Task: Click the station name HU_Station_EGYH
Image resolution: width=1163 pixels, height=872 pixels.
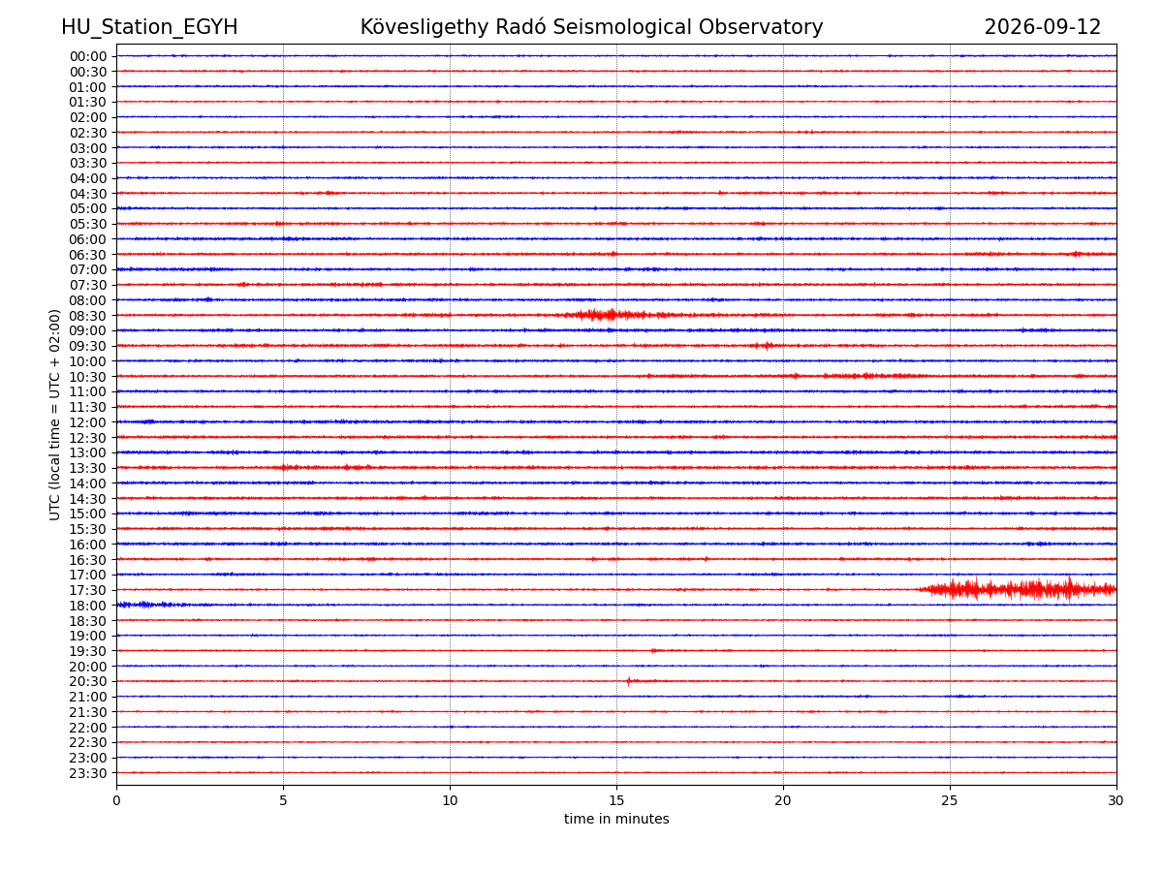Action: click(x=149, y=27)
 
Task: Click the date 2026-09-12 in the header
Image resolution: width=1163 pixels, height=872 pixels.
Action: click(x=1042, y=27)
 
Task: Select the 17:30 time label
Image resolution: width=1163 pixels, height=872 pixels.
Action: click(x=88, y=590)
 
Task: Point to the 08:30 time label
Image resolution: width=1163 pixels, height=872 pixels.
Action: click(x=88, y=316)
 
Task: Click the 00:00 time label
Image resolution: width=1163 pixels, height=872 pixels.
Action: click(x=88, y=56)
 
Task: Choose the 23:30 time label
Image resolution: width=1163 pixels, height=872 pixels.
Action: click(x=88, y=773)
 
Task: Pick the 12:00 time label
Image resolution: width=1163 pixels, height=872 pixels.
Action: click(x=88, y=422)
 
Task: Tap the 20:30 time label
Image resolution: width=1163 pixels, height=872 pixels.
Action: click(x=88, y=681)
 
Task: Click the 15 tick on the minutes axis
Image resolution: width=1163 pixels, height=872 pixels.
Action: click(x=616, y=800)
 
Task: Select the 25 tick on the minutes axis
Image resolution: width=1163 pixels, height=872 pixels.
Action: click(x=950, y=800)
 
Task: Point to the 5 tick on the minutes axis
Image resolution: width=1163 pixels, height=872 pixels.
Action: click(x=283, y=800)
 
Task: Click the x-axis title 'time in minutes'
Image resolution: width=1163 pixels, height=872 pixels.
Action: click(x=616, y=819)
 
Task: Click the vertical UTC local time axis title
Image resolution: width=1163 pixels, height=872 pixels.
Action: click(x=54, y=415)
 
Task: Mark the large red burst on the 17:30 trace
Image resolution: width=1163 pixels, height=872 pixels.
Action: click(x=1017, y=589)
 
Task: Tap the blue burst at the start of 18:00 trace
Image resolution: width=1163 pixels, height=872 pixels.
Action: click(x=151, y=605)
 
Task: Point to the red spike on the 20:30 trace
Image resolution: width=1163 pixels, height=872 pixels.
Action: click(x=628, y=681)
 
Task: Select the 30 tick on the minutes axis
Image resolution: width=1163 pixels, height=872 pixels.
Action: click(x=1116, y=800)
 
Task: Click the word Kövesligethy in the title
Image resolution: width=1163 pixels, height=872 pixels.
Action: click(x=424, y=27)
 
